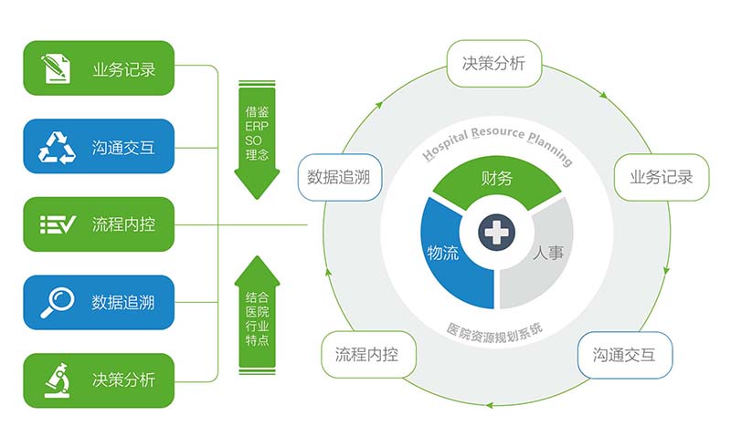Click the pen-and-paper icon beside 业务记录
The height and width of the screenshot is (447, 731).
pos(56,69)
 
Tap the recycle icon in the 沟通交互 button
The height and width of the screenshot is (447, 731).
pos(57,148)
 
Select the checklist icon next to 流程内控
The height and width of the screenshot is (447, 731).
pos(58,224)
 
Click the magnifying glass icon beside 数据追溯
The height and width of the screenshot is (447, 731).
pos(58,303)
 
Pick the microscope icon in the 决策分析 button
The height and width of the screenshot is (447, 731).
pos(58,380)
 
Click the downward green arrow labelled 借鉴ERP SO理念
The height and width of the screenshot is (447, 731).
pos(257,140)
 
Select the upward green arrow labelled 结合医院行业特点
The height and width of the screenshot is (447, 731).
pos(257,316)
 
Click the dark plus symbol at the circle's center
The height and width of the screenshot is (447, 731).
pos(496,232)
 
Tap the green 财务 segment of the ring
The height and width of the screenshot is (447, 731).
pos(497,180)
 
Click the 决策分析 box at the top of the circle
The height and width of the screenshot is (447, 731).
pos(494,63)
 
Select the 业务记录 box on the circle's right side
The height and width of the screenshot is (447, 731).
pos(662,177)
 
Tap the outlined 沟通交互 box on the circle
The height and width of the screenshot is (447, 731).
pos(625,355)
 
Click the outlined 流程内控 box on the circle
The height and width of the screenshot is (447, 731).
pos(368,355)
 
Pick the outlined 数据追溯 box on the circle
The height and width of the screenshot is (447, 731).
pos(340,177)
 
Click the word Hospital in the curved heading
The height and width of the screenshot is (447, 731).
pos(445,145)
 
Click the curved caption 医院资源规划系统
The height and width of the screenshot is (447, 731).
pos(494,333)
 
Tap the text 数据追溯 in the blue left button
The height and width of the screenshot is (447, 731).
pos(123,303)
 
